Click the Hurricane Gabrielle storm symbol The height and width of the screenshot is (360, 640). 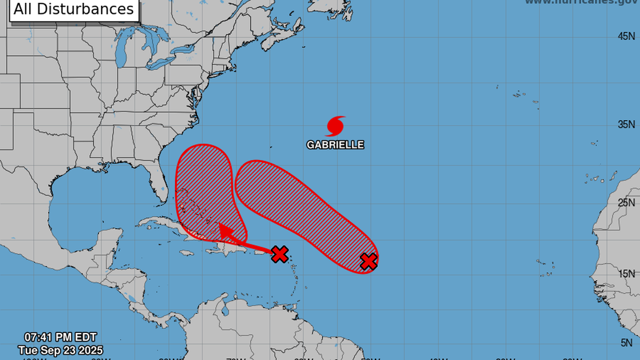point(335,126)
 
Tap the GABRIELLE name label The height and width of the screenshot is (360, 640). point(335,145)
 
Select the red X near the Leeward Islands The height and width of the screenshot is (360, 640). point(280,254)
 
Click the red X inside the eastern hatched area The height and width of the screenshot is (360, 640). point(368,261)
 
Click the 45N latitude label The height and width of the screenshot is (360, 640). point(626,37)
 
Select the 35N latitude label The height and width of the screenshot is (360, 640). point(626,124)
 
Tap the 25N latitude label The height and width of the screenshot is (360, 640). point(626,202)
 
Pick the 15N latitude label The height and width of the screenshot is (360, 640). point(626,274)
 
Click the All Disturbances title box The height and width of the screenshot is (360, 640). point(74,10)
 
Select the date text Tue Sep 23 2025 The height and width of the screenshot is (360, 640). point(61,350)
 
